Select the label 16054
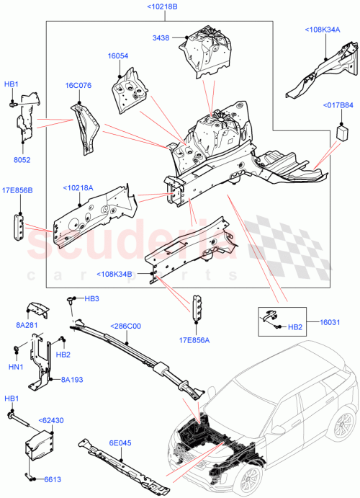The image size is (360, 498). (x=118, y=55)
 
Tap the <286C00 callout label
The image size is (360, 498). (x=127, y=326)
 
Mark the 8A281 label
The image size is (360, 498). (x=28, y=326)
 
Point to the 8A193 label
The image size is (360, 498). (x=73, y=379)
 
